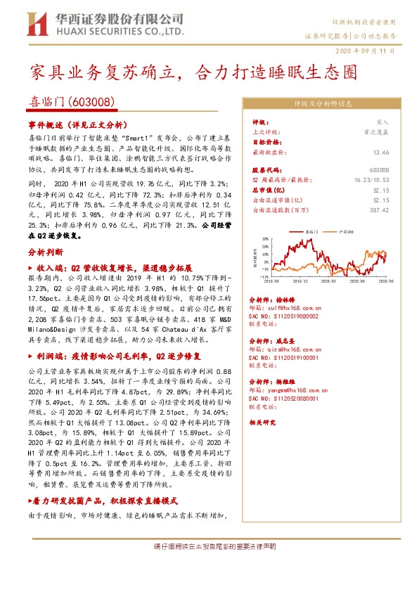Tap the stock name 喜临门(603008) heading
click(x=72, y=102)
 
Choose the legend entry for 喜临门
click(x=315, y=231)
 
